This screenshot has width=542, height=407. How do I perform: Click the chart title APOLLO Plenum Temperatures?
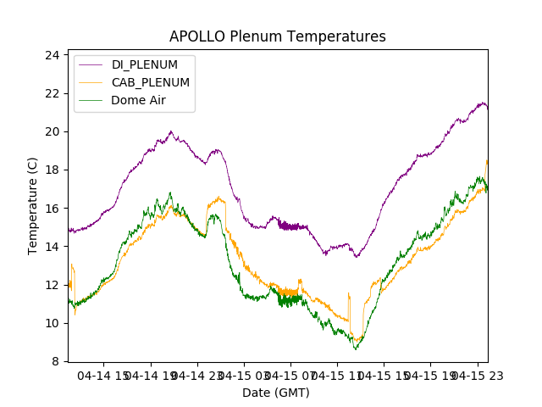pyautogui.click(x=277, y=36)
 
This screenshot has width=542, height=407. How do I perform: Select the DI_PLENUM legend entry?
pyautogui.click(x=144, y=64)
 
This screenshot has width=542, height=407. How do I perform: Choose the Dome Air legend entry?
pyautogui.click(x=138, y=100)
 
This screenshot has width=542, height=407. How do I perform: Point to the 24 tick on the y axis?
pyautogui.click(x=53, y=55)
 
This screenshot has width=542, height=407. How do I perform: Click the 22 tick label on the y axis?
pyautogui.click(x=53, y=93)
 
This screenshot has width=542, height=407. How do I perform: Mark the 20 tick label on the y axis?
pyautogui.click(x=53, y=131)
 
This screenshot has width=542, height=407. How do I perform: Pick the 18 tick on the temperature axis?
pyautogui.click(x=53, y=170)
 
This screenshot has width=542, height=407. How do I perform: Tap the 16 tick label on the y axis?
pyautogui.click(x=53, y=209)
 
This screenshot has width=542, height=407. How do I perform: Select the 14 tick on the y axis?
pyautogui.click(x=53, y=247)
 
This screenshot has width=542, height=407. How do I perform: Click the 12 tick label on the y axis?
pyautogui.click(x=53, y=285)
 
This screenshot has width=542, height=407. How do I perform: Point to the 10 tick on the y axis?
pyautogui.click(x=53, y=323)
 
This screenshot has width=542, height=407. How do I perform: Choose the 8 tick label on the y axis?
pyautogui.click(x=56, y=361)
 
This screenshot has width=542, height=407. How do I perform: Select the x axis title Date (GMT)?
pyautogui.click(x=276, y=393)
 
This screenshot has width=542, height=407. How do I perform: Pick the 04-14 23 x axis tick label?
pyautogui.click(x=196, y=375)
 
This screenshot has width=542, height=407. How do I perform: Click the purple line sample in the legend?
pyautogui.click(x=90, y=64)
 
